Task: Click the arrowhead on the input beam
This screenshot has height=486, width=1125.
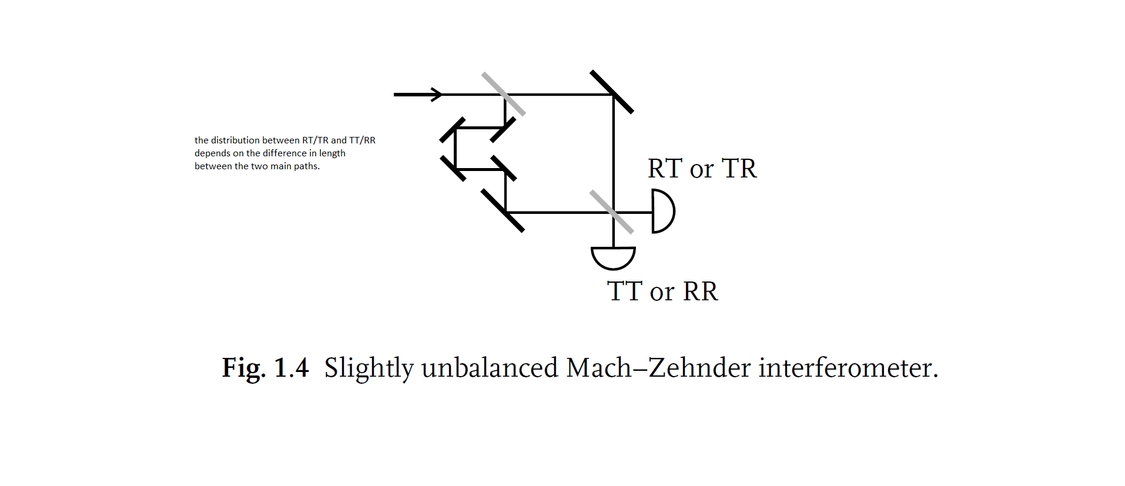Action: (x=436, y=94)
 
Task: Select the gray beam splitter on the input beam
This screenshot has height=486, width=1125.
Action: (x=503, y=93)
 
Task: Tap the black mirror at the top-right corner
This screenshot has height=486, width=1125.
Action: (x=612, y=92)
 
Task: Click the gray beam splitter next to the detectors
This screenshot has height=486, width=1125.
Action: (x=612, y=212)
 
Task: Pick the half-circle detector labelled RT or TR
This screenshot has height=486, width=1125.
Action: (x=662, y=212)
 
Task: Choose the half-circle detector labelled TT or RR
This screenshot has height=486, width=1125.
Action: (x=613, y=257)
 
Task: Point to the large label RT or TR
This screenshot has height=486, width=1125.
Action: (x=702, y=169)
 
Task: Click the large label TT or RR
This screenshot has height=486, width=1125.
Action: (x=662, y=291)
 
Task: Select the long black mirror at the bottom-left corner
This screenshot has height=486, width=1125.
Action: (x=503, y=210)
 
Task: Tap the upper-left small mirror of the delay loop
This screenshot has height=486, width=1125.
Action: (x=453, y=130)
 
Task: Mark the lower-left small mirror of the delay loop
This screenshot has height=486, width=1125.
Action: (x=453, y=168)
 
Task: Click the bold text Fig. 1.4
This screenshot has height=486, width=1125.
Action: (x=265, y=368)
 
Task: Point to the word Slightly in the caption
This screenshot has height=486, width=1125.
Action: (x=369, y=368)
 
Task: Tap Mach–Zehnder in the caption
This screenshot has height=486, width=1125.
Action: (x=658, y=368)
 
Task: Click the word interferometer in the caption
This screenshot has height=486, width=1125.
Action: (x=848, y=368)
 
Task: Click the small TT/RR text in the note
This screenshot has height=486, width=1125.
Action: (x=362, y=140)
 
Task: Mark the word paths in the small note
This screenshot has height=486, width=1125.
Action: (x=306, y=166)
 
